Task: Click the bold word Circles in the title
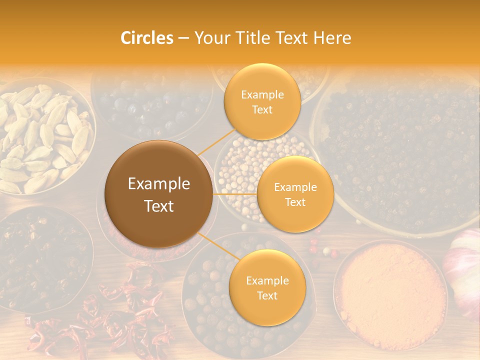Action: [146, 38]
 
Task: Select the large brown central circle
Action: [158, 194]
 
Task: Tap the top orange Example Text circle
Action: [262, 102]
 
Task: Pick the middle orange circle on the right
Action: [295, 194]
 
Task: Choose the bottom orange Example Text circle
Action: [267, 287]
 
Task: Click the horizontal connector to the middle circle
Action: [235, 194]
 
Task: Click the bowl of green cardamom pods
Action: [42, 137]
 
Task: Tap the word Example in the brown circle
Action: [158, 184]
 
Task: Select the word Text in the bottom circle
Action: [267, 295]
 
